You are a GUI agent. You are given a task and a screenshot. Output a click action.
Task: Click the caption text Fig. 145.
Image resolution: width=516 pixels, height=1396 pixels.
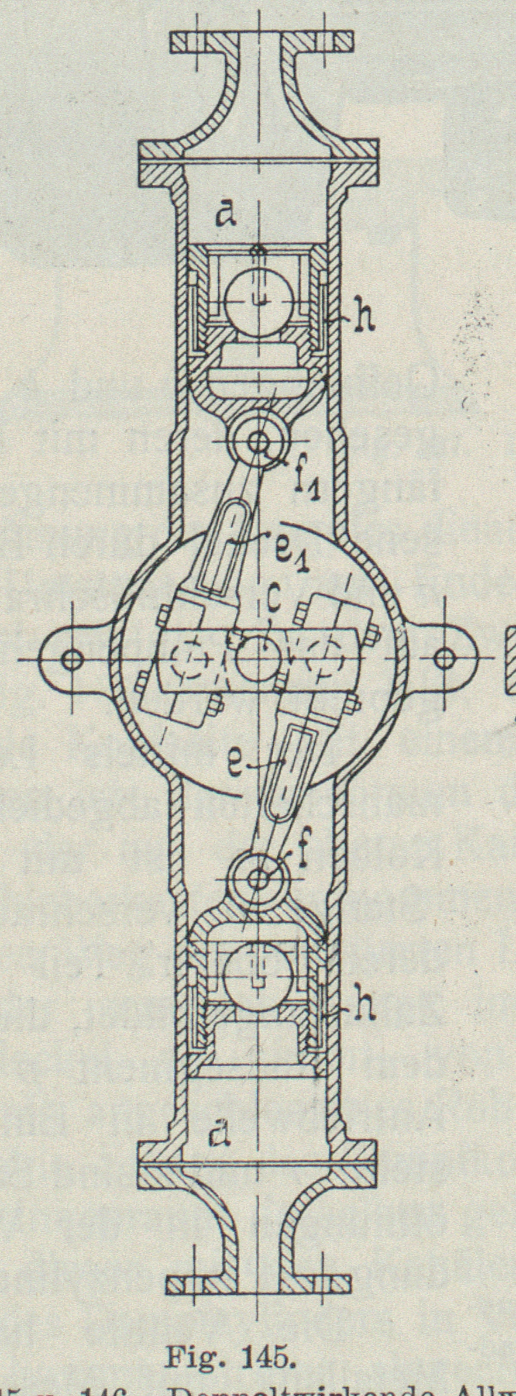tap(229, 1340)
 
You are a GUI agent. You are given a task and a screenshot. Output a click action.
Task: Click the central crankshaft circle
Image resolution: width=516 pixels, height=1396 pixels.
tap(258, 659)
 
